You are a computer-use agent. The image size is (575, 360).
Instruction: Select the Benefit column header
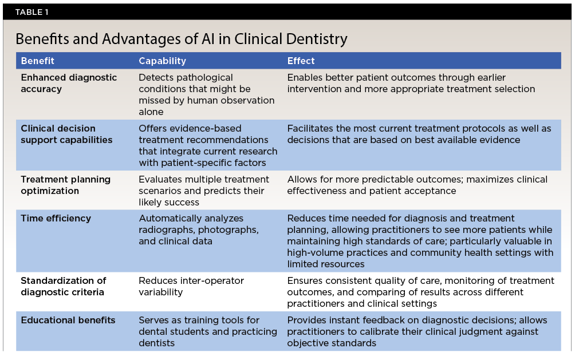[x=38, y=61]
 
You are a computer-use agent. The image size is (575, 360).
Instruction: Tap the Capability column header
[x=162, y=61]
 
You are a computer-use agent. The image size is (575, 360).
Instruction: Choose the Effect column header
[x=301, y=61]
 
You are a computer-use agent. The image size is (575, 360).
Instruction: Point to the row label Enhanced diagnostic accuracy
[x=69, y=83]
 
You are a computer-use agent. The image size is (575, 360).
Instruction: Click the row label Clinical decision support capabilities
[x=66, y=134]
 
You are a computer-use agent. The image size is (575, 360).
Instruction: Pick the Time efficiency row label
[x=56, y=219]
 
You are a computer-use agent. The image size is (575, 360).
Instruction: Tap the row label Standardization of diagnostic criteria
[x=64, y=286]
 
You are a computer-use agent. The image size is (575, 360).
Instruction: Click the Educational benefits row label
[x=68, y=320]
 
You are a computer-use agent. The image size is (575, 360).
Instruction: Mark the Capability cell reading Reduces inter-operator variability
[x=191, y=286]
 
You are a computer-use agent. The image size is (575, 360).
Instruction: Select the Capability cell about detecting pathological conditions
[x=206, y=94]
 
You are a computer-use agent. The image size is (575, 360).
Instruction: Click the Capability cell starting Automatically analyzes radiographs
[x=199, y=230]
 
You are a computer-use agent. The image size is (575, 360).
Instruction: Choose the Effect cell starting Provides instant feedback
[x=417, y=331]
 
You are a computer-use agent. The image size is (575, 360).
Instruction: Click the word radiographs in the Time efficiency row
[x=165, y=230]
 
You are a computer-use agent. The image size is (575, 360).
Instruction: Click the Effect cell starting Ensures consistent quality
[x=420, y=292]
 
